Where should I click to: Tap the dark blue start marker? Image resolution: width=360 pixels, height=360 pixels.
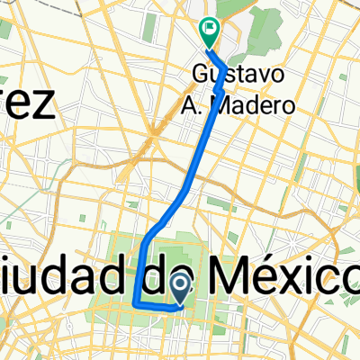click(x=179, y=289)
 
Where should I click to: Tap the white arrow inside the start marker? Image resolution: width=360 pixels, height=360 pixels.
click(x=179, y=286)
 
